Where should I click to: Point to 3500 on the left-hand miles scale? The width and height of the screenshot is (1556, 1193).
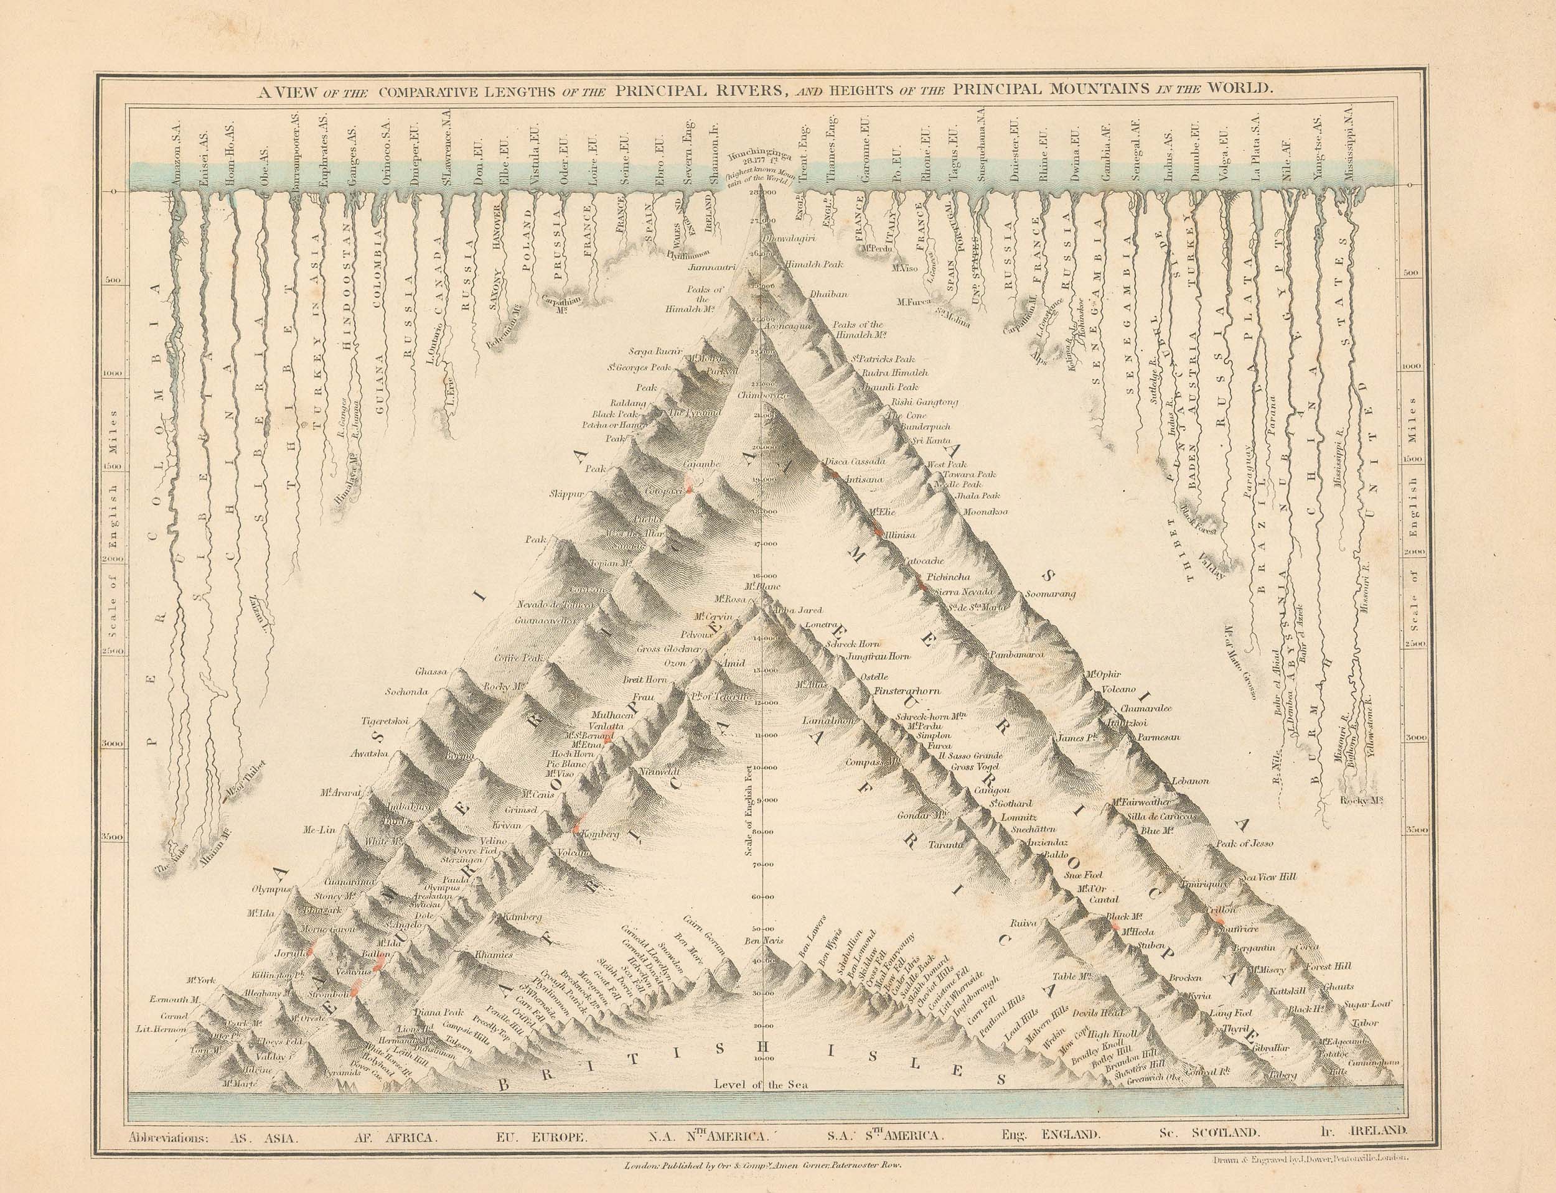(115, 838)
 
